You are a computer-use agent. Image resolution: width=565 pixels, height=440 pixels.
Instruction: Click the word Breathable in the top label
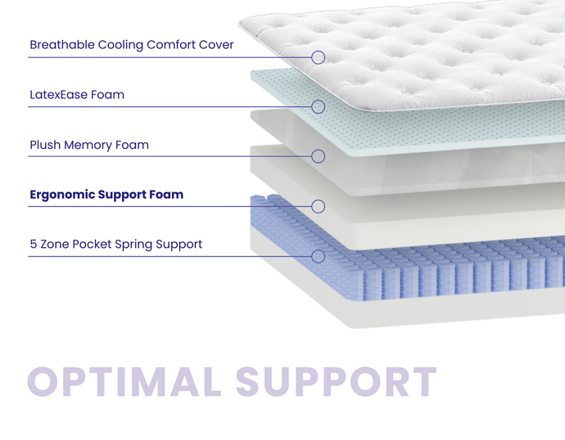tap(62, 45)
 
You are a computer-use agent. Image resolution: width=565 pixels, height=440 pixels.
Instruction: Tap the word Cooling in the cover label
tap(120, 45)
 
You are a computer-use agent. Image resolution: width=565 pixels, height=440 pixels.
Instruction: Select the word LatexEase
tap(60, 95)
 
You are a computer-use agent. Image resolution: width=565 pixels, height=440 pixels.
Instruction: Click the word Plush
tap(46, 146)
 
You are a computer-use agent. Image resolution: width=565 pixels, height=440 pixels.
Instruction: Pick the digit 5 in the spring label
tap(33, 245)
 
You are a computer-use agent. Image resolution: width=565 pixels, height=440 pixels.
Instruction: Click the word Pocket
tap(95, 245)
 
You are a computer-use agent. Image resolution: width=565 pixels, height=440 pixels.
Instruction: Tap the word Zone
tap(56, 245)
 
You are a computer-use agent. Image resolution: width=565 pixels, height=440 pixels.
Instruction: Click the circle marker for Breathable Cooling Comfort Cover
tap(319, 57)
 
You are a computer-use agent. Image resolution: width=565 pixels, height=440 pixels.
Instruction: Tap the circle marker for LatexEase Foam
tap(319, 106)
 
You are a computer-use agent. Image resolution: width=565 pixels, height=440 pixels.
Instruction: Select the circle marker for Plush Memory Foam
tap(319, 156)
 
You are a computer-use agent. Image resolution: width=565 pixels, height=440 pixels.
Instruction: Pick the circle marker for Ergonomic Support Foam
tap(319, 206)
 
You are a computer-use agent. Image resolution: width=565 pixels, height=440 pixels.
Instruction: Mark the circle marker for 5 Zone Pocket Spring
tap(319, 256)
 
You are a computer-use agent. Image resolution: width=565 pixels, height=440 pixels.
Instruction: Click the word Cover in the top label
tap(216, 45)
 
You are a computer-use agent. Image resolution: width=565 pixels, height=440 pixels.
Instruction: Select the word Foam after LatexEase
tap(109, 95)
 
